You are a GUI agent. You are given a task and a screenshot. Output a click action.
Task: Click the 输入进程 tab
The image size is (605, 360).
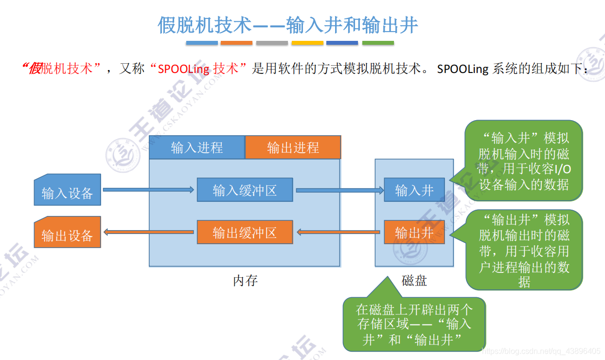[x=196, y=147]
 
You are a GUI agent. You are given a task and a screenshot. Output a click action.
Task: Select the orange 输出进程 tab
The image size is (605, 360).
[x=293, y=147]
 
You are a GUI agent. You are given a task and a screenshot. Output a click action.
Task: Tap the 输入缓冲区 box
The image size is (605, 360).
[x=245, y=190]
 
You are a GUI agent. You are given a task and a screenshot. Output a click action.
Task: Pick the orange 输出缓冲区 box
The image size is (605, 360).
[x=245, y=233]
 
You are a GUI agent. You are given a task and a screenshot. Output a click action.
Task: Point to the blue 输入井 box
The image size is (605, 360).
[x=414, y=190]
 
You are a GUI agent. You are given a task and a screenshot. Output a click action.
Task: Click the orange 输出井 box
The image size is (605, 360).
[x=414, y=233]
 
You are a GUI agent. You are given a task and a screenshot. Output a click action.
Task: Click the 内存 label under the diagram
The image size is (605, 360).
[x=245, y=281]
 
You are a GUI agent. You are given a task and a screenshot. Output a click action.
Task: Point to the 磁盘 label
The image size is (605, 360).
[x=414, y=281]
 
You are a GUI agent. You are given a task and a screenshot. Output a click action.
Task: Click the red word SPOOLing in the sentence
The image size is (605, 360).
[x=184, y=69]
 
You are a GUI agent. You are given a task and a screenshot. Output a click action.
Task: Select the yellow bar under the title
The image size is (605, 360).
[x=307, y=43]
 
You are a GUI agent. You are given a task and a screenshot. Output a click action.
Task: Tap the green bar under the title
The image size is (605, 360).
[x=378, y=43]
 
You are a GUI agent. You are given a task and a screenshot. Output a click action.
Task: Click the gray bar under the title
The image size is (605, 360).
[x=272, y=43]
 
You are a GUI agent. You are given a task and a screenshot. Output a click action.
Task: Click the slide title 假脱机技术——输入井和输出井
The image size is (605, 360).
[x=288, y=25]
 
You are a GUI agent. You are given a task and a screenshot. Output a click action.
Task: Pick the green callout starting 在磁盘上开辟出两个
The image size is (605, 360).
[x=414, y=324]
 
